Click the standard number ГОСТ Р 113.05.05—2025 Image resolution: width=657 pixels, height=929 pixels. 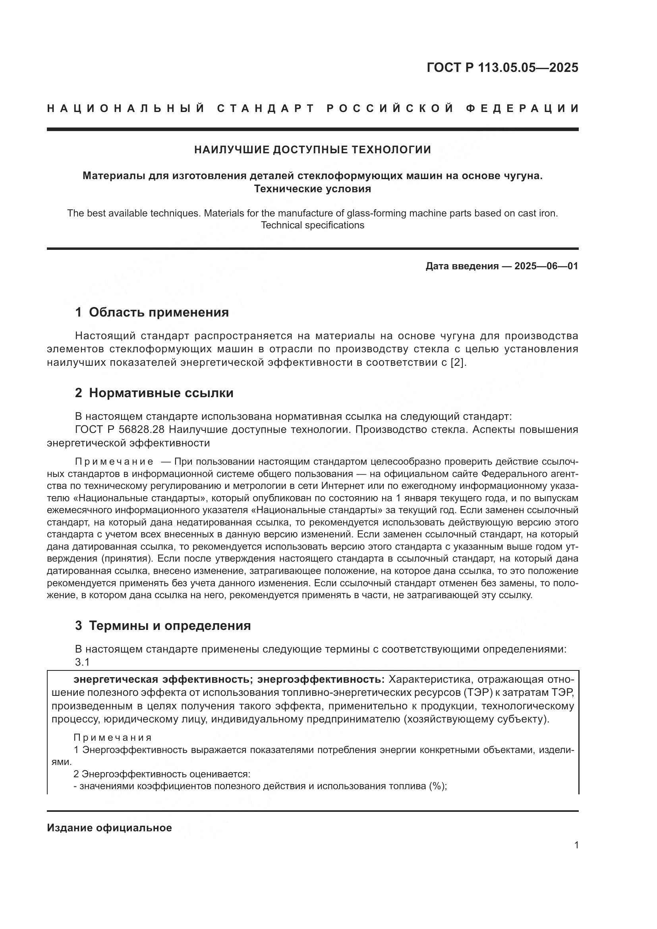pos(502,68)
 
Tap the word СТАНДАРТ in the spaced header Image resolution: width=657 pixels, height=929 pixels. pos(266,108)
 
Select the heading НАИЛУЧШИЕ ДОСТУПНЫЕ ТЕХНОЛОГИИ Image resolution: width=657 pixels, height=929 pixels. pos(312,150)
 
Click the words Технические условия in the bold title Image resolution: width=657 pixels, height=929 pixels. pos(312,189)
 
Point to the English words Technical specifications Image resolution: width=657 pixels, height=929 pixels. pos(312,225)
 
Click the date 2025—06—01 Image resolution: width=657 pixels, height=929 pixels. pos(546,266)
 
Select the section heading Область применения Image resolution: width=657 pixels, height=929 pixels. pos(158,312)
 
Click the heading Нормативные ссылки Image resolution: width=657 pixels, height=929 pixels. pos(161,393)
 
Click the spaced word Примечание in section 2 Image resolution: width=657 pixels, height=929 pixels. pos(114,462)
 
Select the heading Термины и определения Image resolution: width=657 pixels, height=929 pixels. pos(170,626)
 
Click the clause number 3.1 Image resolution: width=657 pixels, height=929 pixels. pos(82,662)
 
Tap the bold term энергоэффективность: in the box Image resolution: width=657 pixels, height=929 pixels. pos(321,679)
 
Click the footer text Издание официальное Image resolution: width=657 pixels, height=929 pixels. pos(109,828)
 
